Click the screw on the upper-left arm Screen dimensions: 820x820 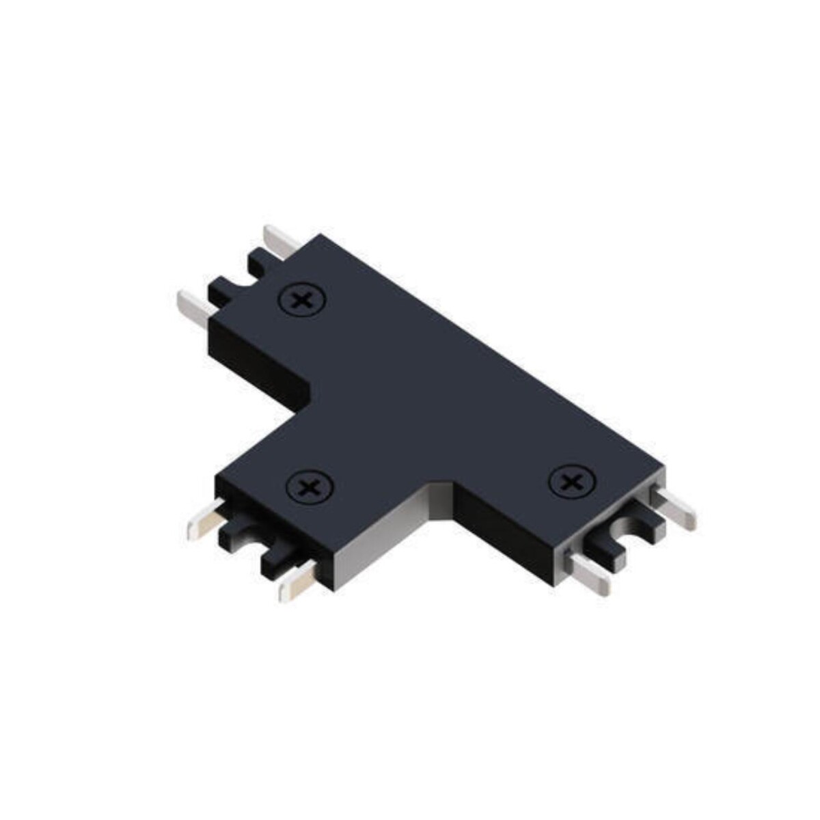(301, 299)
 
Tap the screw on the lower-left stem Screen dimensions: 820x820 (310, 487)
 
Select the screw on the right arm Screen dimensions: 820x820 (571, 482)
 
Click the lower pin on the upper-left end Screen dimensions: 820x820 (194, 307)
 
